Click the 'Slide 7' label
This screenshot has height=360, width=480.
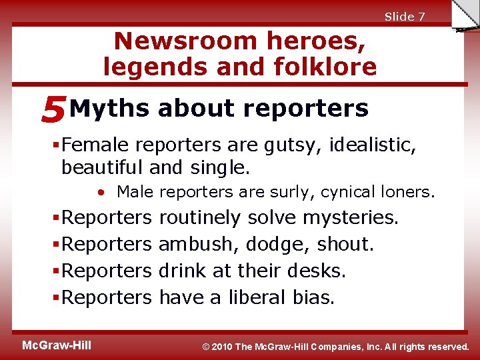tap(405, 17)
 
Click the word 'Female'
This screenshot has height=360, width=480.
tap(93, 145)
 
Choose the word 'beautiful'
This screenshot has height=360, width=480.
tap(103, 166)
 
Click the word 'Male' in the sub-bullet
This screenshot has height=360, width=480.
tap(135, 193)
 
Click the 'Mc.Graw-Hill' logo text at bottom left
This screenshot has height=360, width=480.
tap(57, 345)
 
